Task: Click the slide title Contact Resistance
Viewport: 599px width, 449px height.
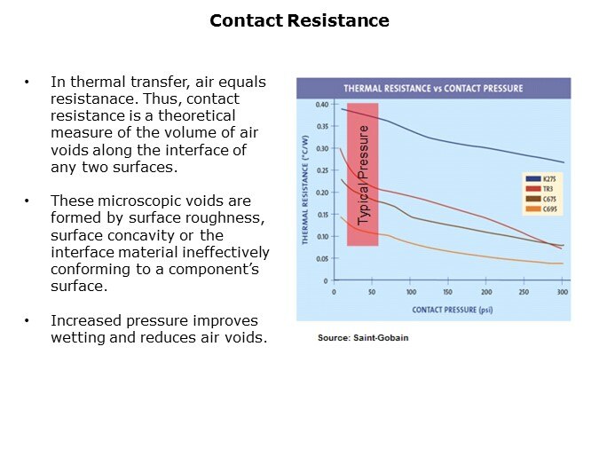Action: point(299,20)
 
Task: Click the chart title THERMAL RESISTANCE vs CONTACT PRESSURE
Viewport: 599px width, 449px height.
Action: point(432,88)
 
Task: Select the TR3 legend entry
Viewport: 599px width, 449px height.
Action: point(544,188)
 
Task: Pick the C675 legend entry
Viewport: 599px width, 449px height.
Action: point(546,199)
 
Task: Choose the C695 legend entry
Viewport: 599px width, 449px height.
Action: point(546,209)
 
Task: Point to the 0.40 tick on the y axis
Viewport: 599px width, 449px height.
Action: point(321,104)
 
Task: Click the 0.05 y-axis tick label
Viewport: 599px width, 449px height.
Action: point(321,259)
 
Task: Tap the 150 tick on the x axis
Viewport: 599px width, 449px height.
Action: point(448,292)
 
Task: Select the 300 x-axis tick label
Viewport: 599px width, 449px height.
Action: point(562,292)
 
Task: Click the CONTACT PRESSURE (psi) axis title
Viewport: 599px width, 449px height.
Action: point(453,310)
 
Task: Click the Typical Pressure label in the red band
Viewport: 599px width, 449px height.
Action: point(363,176)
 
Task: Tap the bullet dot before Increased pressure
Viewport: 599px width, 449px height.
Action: point(28,320)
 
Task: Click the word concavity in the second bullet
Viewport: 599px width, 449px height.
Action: point(147,235)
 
